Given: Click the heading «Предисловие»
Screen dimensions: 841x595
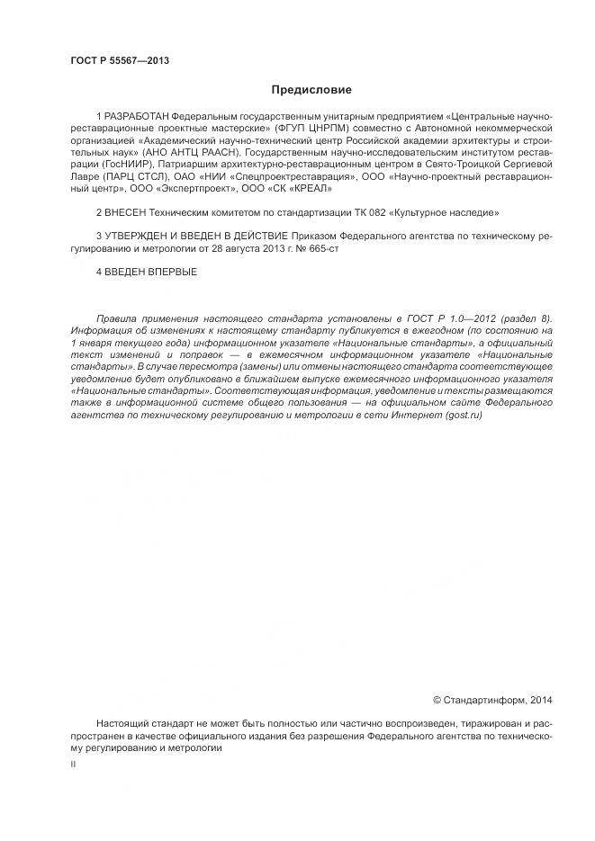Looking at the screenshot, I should pyautogui.click(x=311, y=90).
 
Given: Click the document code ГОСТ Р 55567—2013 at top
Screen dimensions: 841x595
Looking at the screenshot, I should pyautogui.click(x=120, y=61).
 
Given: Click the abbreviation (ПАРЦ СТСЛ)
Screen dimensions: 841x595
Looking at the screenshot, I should pyautogui.click(x=127, y=177).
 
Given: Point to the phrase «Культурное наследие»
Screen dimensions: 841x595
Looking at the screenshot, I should pyautogui.click(x=448, y=212).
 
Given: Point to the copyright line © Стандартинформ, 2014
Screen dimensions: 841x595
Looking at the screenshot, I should pyautogui.click(x=492, y=699).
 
